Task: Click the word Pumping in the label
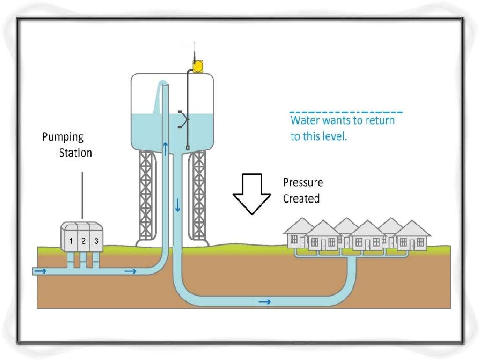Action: pos(62,137)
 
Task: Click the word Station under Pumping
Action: pos(75,153)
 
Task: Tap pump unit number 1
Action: pos(71,241)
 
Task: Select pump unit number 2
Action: pos(83,241)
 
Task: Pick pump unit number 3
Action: pos(96,241)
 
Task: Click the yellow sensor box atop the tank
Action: pos(197,67)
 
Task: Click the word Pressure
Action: pos(303,182)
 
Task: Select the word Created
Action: pos(301,198)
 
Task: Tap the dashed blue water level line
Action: pos(345,112)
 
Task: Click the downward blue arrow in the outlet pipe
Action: pos(177,205)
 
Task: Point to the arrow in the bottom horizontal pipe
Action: pos(265,301)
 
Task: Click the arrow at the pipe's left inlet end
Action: pos(40,271)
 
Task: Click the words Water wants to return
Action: pos(343,120)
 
